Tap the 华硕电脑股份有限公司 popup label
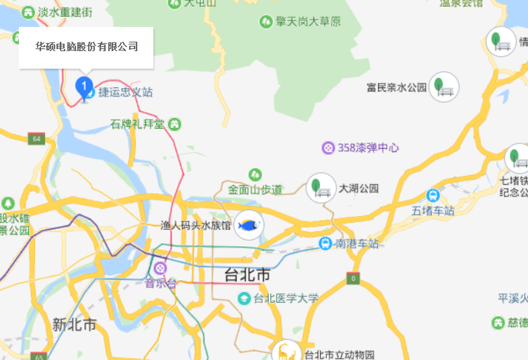(x=86, y=47)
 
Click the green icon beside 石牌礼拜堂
(x=175, y=124)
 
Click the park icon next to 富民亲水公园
(x=443, y=87)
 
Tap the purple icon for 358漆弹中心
(x=328, y=147)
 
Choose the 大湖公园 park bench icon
(x=321, y=188)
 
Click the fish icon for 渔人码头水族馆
(x=249, y=225)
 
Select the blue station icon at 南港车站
(x=326, y=243)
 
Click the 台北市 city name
(x=247, y=275)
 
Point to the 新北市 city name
(x=75, y=325)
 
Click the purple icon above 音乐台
(x=160, y=268)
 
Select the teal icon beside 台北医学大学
(x=245, y=298)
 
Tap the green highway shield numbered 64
(x=36, y=139)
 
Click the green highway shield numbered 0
(x=353, y=278)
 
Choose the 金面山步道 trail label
(x=255, y=189)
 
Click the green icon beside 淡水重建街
(x=28, y=12)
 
